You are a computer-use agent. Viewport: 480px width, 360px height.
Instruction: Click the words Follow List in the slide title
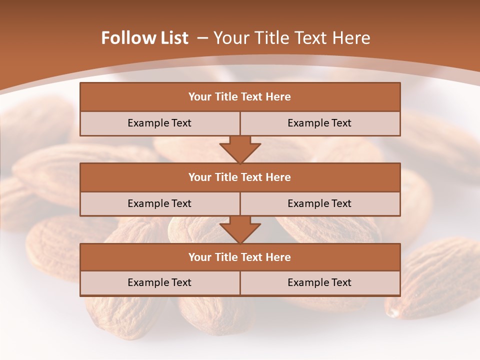click(x=144, y=38)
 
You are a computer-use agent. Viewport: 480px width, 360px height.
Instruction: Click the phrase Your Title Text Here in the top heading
click(x=292, y=38)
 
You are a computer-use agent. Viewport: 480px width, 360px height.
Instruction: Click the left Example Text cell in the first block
click(x=159, y=123)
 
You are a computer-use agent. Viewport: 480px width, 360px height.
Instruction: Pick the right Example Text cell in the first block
click(x=319, y=123)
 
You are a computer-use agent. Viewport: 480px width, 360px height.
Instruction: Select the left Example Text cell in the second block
click(x=159, y=203)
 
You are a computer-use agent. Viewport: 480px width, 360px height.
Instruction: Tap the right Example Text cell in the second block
click(x=319, y=203)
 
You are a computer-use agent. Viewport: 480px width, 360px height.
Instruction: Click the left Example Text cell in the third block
click(x=159, y=282)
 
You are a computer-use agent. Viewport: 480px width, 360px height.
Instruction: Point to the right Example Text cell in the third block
click(x=319, y=282)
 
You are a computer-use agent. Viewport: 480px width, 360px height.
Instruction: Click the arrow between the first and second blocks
click(x=240, y=150)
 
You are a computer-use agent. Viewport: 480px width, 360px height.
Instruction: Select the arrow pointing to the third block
click(x=240, y=230)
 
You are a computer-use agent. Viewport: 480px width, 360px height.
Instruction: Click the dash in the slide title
click(x=202, y=38)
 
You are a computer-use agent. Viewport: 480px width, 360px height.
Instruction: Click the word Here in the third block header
click(x=278, y=257)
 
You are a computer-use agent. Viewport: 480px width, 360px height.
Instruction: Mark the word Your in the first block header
click(x=199, y=97)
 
